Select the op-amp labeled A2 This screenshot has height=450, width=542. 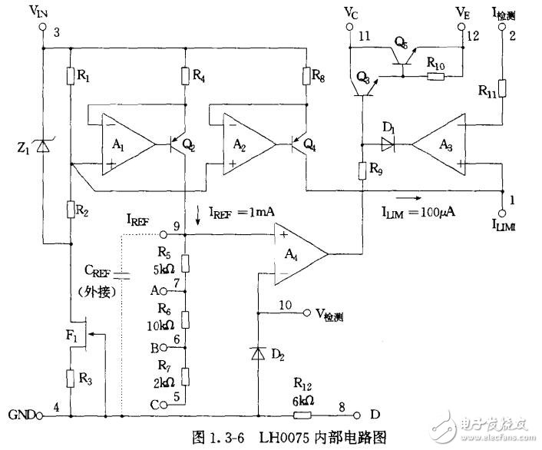248,144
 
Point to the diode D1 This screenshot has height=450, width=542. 388,142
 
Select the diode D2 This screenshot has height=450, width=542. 258,354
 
